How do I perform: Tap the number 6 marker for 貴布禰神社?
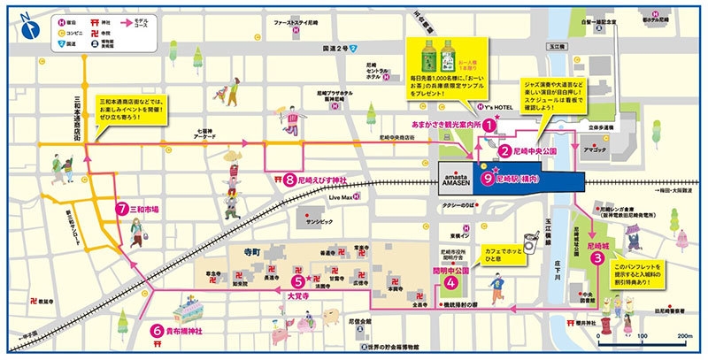pos(156,333)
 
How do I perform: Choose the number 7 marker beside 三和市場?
pos(123,210)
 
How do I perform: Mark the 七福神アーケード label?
pos(205,134)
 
